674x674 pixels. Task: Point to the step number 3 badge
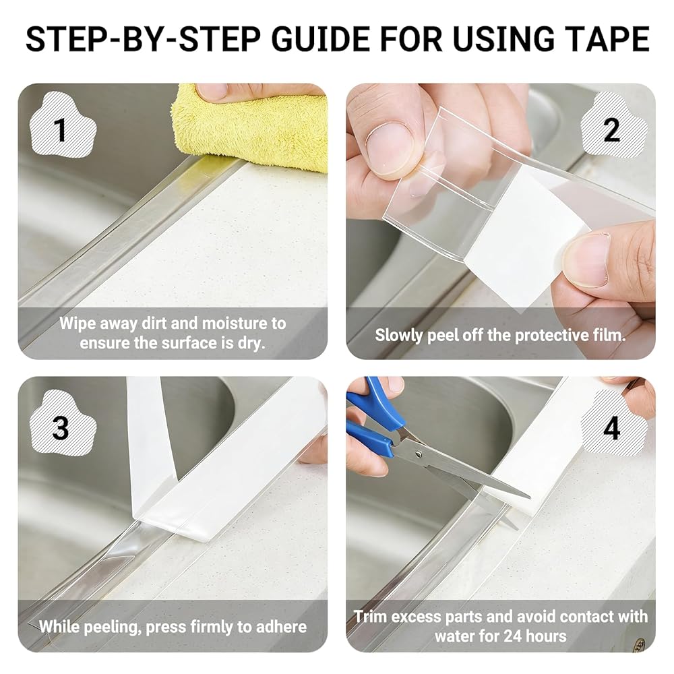(61, 427)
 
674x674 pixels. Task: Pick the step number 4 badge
(612, 427)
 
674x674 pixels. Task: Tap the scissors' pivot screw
(419, 454)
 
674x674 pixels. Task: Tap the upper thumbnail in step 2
(388, 148)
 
